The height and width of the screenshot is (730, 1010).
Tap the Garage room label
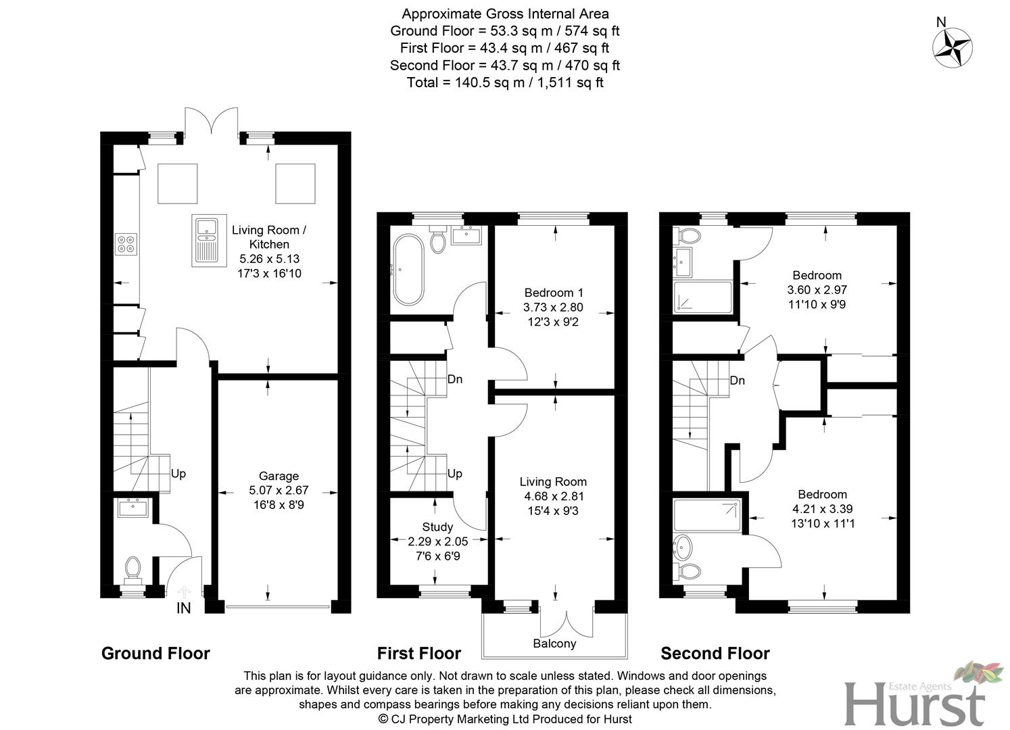click(279, 476)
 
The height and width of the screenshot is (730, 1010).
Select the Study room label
click(437, 527)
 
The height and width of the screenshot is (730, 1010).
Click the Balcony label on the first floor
click(554, 643)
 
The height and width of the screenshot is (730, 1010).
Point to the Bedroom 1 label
click(554, 293)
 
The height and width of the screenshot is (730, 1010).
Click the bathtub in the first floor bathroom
click(408, 269)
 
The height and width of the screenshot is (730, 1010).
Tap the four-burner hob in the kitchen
click(126, 243)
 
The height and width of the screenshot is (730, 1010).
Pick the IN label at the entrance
click(183, 608)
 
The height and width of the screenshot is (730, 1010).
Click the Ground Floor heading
click(155, 654)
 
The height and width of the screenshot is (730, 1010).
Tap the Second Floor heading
click(715, 654)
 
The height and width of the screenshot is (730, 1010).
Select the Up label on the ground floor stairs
click(178, 474)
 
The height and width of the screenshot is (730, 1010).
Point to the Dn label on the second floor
click(737, 381)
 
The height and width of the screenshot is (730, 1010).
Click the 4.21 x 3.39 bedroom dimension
click(823, 509)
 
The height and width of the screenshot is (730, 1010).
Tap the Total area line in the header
click(504, 82)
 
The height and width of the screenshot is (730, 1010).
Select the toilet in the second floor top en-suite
click(688, 236)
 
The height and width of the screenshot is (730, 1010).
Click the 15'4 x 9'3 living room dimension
click(553, 511)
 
